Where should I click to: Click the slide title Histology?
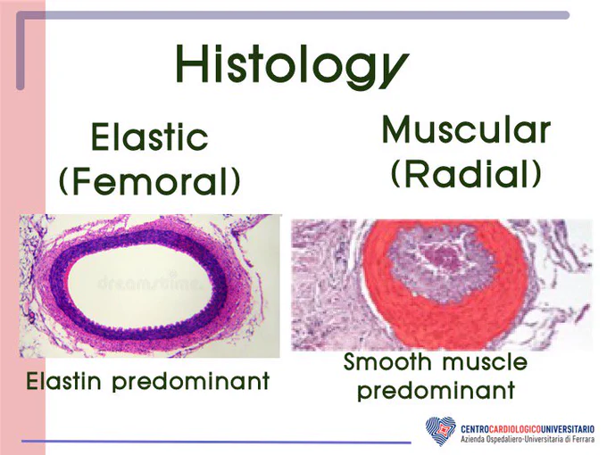292,66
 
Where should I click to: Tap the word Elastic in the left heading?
150,136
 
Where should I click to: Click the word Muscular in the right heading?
466,129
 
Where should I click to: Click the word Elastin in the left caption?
65,381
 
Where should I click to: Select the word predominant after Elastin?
191,382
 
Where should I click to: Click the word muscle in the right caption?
485,361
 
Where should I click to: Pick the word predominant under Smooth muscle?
436,391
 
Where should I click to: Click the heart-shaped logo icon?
441,431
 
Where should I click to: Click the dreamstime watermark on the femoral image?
150,283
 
